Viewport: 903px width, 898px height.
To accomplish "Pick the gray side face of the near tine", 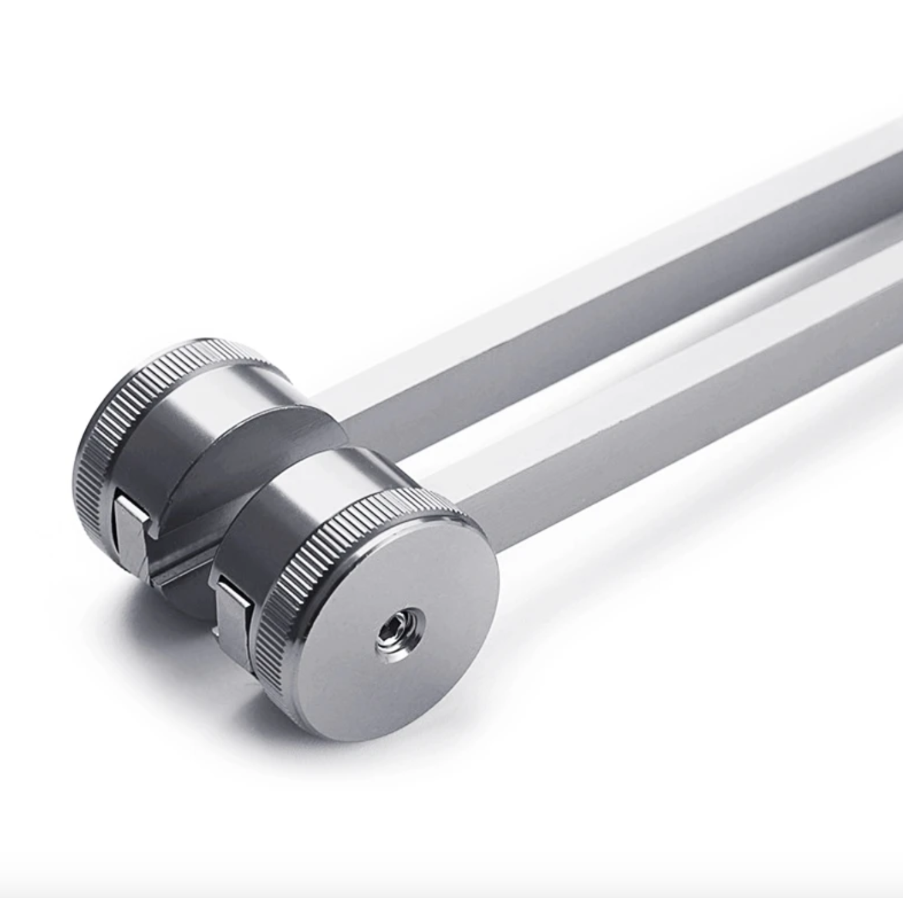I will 667,393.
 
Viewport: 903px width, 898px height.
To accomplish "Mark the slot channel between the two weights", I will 184,558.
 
